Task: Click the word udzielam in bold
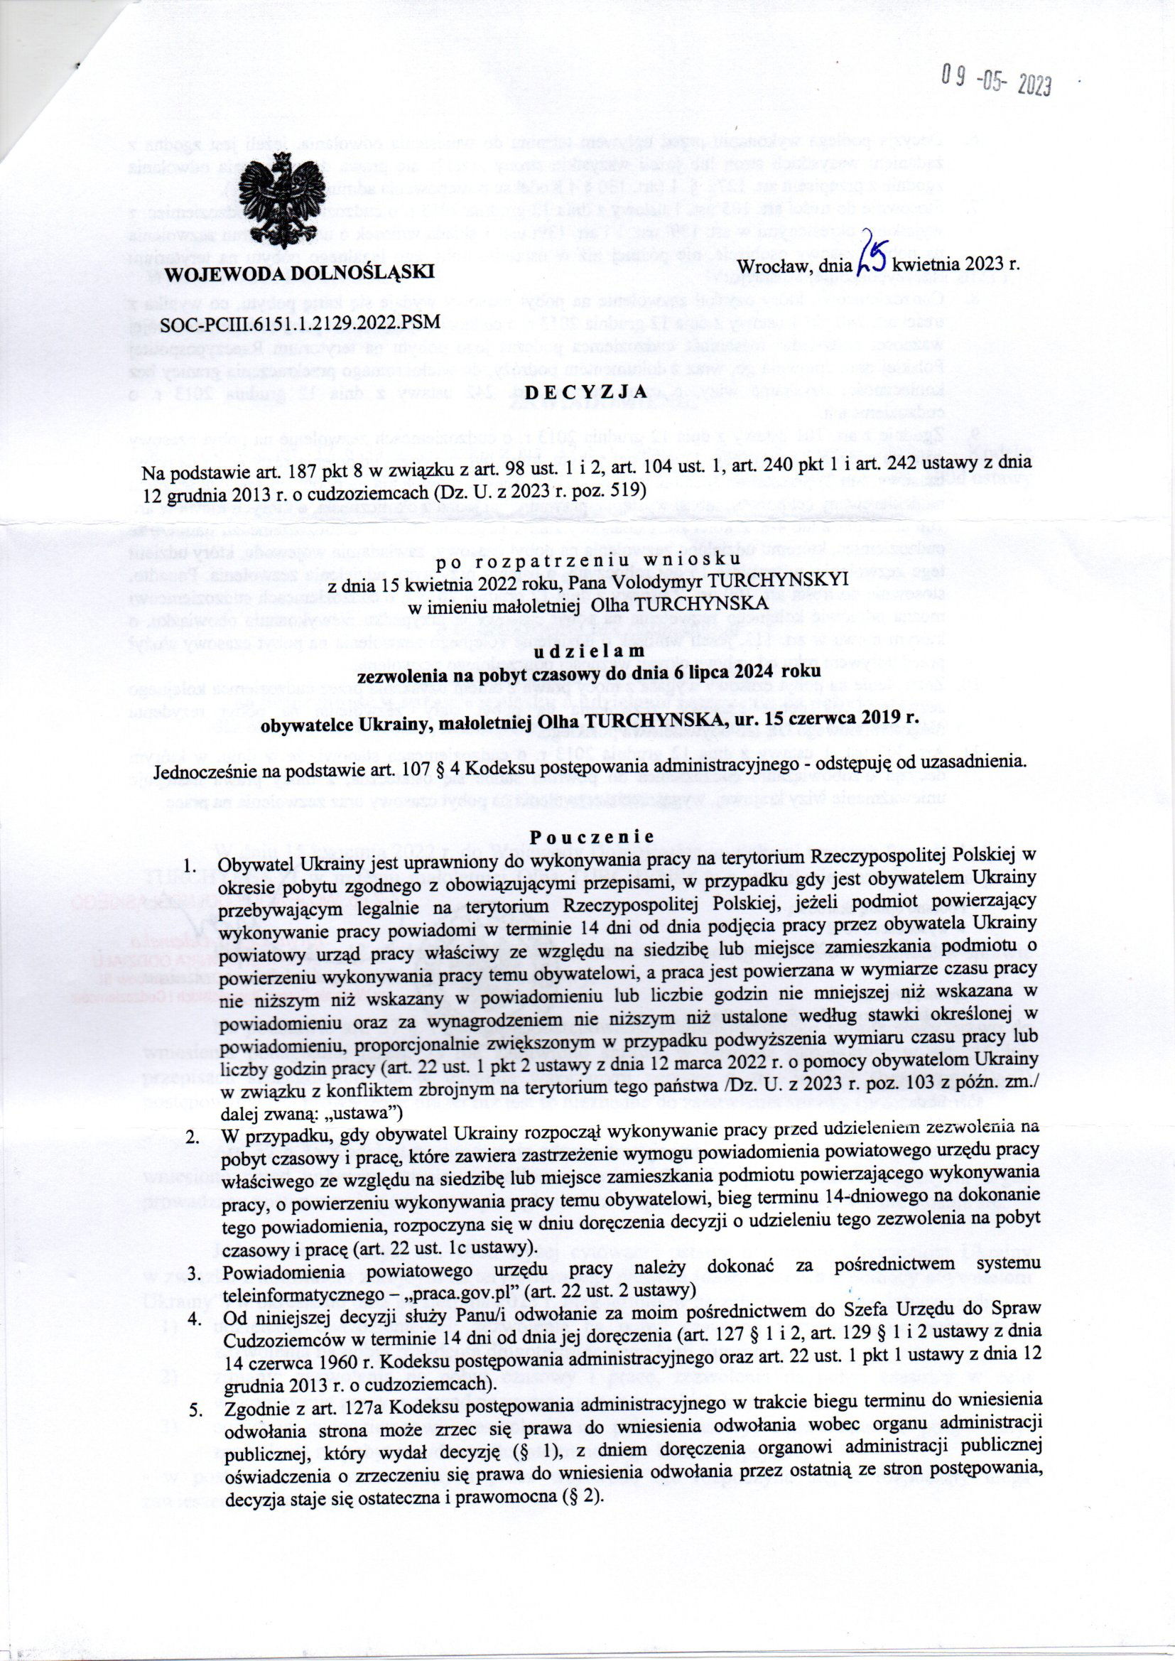[x=587, y=651]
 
